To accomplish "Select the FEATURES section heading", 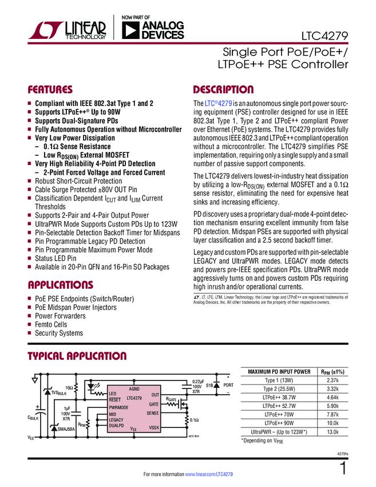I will [50, 90].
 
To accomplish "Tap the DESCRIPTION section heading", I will [223, 90].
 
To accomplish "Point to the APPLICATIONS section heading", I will [60, 285].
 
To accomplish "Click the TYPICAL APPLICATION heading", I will [77, 356].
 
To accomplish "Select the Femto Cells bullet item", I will [51, 324].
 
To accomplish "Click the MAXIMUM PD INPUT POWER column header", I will [279, 371].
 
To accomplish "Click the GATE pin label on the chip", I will [153, 404].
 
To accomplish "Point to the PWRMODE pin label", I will [119, 407].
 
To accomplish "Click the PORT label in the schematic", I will [228, 386].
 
